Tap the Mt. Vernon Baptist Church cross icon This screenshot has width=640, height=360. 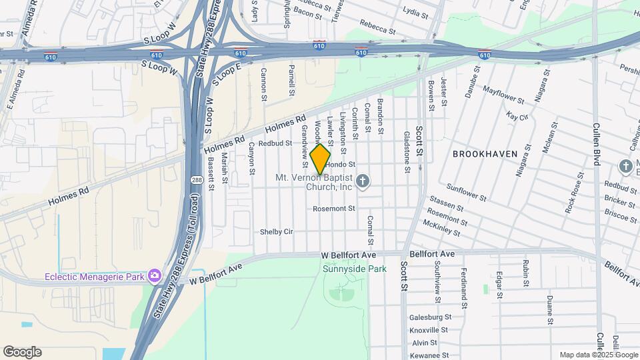click(363, 181)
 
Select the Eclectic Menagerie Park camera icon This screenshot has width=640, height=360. click(155, 275)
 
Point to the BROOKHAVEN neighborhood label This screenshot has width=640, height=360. click(485, 153)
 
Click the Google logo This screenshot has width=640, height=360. click(22, 352)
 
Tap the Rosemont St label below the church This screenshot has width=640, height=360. click(334, 209)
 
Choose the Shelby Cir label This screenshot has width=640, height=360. click(277, 232)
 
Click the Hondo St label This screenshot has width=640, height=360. click(341, 164)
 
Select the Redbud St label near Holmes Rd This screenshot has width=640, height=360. click(275, 143)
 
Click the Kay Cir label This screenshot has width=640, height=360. click(517, 117)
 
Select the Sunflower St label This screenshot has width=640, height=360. click(466, 194)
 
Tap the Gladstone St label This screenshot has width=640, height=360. click(406, 151)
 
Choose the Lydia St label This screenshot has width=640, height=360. click(415, 11)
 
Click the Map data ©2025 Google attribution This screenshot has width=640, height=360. click(597, 355)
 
